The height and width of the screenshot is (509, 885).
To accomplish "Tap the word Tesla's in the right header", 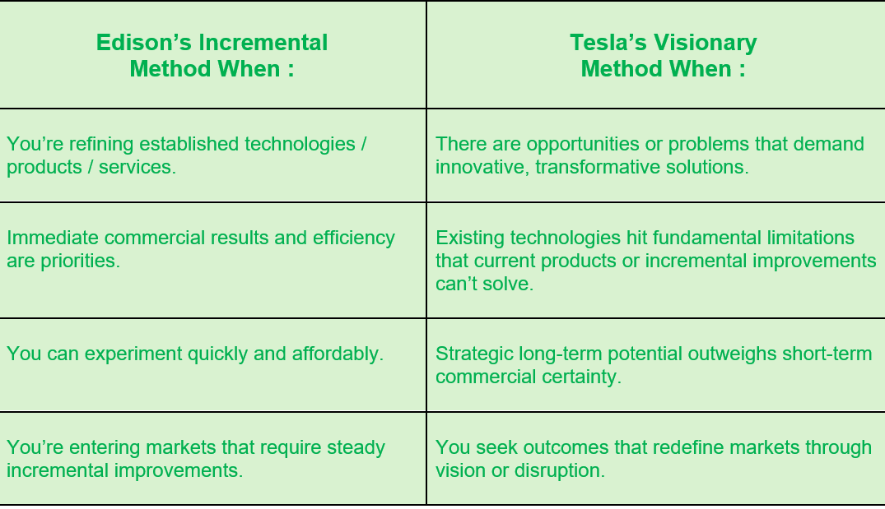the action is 608,43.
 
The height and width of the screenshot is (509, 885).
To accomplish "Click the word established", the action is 189,144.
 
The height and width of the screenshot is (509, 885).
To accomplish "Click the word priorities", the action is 80,261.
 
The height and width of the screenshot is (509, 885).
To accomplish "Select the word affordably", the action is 338,354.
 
